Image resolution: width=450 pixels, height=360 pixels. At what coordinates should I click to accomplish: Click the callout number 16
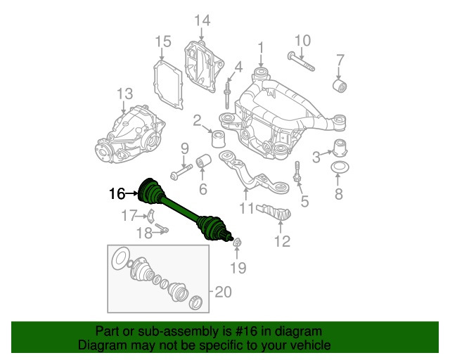116,192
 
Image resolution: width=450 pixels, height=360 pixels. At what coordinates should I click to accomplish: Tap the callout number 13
124,94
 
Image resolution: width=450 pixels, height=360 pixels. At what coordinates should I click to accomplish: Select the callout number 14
202,20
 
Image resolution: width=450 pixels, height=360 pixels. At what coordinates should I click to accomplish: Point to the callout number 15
163,41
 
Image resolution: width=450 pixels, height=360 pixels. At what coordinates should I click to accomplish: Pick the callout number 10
302,39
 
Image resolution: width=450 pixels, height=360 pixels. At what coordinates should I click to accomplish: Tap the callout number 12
281,243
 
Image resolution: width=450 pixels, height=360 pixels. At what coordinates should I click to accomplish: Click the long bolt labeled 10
300,62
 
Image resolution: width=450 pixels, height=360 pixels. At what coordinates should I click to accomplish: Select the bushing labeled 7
340,85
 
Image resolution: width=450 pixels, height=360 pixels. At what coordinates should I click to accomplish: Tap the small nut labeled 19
238,243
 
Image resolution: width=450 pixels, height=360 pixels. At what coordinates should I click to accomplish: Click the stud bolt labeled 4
229,91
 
